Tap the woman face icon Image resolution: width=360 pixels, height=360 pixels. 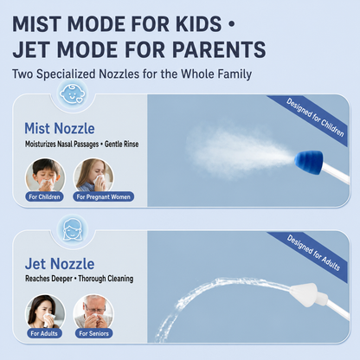point(72,229)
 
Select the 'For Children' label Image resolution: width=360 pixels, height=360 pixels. point(44,196)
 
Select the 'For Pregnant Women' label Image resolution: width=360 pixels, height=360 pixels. point(103,196)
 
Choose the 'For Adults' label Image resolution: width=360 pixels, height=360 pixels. point(44,333)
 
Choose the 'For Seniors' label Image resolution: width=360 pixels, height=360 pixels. point(93,333)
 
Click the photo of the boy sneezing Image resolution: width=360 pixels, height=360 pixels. point(45,177)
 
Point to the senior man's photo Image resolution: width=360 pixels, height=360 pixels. point(93,313)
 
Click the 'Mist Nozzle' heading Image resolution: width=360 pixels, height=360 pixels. point(60,128)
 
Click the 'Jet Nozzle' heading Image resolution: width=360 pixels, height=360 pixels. point(60,264)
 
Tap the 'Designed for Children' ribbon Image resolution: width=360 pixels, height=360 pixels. point(312,119)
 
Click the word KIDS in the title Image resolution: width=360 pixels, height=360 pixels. point(198,23)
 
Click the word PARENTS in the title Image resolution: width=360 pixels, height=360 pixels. point(219,49)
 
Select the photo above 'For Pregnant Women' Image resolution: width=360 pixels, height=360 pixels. point(93,177)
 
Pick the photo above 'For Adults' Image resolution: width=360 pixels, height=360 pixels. point(45,313)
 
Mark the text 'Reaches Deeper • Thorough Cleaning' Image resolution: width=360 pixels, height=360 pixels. point(80,279)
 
